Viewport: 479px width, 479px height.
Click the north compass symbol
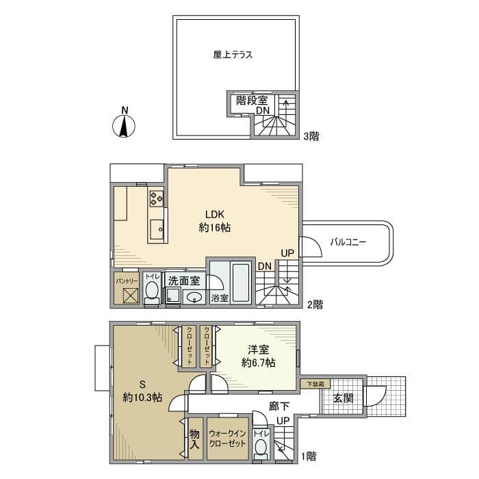[x=124, y=125]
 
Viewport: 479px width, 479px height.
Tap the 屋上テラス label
[x=232, y=55]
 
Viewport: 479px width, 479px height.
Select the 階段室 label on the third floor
[x=252, y=101]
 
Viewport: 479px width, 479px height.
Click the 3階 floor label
[x=311, y=136]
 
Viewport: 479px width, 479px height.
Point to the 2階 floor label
[x=315, y=305]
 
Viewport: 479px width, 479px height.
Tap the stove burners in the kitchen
[x=157, y=199]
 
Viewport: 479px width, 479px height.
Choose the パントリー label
[x=127, y=281]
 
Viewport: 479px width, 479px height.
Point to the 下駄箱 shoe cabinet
[x=315, y=384]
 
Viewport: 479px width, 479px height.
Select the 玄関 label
[x=344, y=398]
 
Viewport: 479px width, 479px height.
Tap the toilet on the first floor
[x=260, y=448]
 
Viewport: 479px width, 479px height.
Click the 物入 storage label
[x=194, y=439]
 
